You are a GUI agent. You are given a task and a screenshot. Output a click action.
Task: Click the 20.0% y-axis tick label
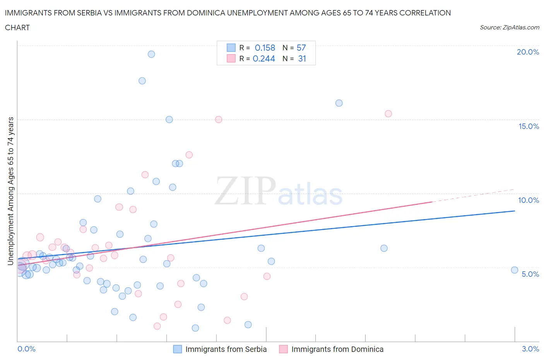pos(528,52)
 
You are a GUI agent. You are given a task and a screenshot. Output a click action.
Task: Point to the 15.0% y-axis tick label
pos(529,126)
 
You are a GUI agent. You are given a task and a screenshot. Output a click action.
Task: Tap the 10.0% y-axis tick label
pos(529,200)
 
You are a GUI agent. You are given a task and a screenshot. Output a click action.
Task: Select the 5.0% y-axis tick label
pos(530,274)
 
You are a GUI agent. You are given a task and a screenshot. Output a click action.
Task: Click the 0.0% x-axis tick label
pos(26,349)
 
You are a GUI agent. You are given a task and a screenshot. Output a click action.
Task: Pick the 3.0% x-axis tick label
pos(530,349)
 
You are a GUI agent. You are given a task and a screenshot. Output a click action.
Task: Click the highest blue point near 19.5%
pos(151,54)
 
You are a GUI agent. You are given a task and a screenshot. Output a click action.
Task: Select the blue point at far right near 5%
pos(515,270)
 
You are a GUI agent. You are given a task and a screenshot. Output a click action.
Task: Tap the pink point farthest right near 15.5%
pos(388,114)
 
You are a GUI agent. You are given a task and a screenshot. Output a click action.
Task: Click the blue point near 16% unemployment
pos(339,103)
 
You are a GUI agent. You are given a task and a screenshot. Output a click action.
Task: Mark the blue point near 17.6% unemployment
pos(142,81)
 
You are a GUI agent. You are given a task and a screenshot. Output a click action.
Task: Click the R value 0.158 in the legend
pos(265,48)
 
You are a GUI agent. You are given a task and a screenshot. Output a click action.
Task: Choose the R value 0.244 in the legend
pos(264,58)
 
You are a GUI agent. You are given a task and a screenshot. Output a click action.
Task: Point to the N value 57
pos(301,48)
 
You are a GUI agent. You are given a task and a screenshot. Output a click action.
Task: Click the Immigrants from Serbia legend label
pos(226,349)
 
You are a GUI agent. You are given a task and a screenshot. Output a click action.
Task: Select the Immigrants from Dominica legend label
pos(337,349)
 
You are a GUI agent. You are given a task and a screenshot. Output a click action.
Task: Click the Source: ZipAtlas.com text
pos(509,27)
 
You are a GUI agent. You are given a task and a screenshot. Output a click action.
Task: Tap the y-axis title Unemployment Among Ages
pos(10,191)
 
